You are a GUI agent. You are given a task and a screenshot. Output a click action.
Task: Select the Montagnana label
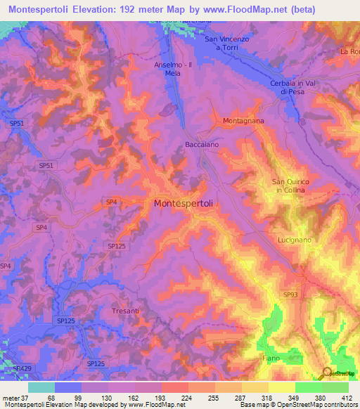coord(243,121)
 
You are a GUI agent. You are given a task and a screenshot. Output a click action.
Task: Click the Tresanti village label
coord(126,310)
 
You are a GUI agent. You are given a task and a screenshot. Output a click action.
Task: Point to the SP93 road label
coord(291,294)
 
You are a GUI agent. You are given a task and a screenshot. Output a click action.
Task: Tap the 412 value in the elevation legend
coord(347,397)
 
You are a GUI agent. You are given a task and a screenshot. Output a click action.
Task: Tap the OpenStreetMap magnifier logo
coord(327,373)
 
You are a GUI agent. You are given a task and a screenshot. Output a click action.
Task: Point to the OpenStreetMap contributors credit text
coord(315,405)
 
